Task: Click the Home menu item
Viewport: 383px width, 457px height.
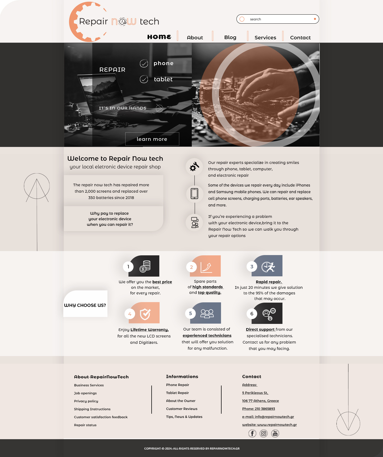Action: (159, 37)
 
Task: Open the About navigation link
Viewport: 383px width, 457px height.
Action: (195, 37)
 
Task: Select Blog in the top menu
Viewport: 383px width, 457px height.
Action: (230, 37)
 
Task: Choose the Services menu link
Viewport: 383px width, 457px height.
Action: (265, 37)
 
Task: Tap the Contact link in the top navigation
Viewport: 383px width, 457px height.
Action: (300, 37)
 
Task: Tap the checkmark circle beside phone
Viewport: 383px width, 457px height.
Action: (144, 64)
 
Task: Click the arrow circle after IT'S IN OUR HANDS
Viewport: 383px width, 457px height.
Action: (159, 108)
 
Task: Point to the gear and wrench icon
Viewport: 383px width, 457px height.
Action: (194, 167)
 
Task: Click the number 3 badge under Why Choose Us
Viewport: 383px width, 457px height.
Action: (252, 266)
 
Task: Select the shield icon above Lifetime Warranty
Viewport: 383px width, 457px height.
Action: (145, 314)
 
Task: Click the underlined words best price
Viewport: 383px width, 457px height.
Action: (162, 282)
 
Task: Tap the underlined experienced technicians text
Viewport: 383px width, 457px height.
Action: (207, 336)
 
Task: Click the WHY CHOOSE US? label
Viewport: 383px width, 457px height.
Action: (85, 305)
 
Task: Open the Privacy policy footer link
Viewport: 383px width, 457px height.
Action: (86, 401)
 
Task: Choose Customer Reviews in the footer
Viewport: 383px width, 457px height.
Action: (182, 409)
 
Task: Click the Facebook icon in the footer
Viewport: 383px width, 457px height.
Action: (252, 433)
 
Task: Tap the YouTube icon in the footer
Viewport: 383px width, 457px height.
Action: (275, 433)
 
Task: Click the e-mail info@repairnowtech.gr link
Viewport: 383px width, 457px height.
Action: (268, 417)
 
